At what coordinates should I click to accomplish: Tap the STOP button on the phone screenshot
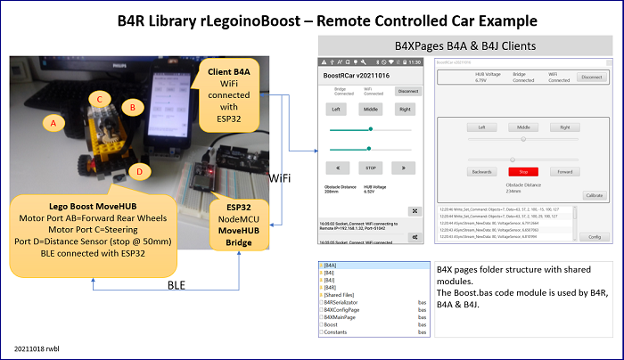click(368, 167)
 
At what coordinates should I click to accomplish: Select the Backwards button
click(481, 170)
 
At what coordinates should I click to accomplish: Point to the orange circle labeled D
click(139, 170)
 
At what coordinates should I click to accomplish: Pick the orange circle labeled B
click(133, 108)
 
